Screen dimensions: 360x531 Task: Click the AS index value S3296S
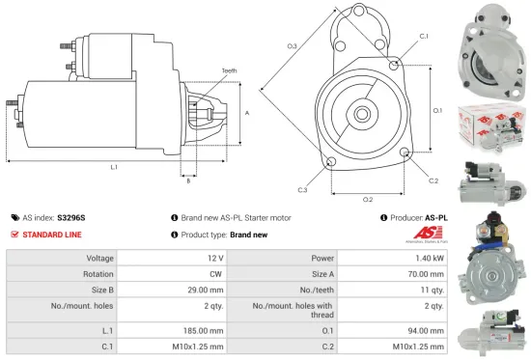coord(71,218)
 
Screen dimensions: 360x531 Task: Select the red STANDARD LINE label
coord(53,235)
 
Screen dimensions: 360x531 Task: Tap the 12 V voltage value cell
coord(214,259)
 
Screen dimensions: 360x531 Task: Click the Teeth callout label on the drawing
coord(229,70)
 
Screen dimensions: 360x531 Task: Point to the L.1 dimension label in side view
coord(114,167)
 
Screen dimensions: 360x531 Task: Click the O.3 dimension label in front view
coord(292,46)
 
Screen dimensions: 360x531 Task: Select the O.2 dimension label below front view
coord(368,200)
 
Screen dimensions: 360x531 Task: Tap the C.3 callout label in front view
coord(302,190)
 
